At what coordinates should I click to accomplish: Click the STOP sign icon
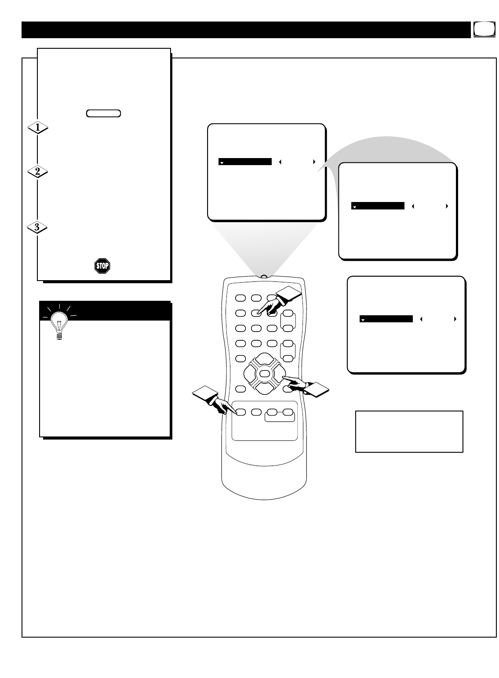(x=102, y=266)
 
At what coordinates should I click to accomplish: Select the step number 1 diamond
(x=38, y=128)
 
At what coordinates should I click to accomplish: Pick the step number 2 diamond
(x=38, y=172)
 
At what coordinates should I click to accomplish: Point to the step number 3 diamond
(x=38, y=227)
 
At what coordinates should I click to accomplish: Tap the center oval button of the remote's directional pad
(x=264, y=374)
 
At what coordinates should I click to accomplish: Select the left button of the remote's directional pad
(x=251, y=374)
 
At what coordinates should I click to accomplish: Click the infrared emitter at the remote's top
(x=263, y=277)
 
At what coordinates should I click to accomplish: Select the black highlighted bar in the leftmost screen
(x=245, y=162)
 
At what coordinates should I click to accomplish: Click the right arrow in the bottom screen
(x=455, y=319)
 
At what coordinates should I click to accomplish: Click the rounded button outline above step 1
(x=103, y=113)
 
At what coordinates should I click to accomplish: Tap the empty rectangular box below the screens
(x=409, y=431)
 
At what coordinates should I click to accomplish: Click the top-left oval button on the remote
(x=240, y=298)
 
